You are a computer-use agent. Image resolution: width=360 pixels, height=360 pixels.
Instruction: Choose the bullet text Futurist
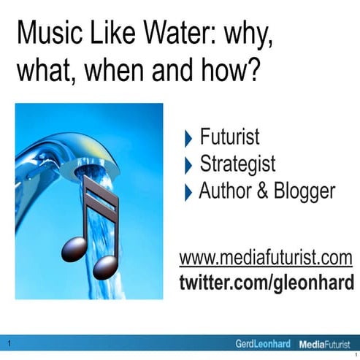tap(229, 137)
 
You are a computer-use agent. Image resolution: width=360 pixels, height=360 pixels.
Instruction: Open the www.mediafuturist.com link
tap(266, 258)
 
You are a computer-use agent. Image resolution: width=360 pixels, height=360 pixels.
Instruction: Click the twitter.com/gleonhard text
tap(266, 282)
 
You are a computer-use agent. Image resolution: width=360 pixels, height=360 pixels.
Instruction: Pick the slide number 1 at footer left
tap(8, 343)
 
